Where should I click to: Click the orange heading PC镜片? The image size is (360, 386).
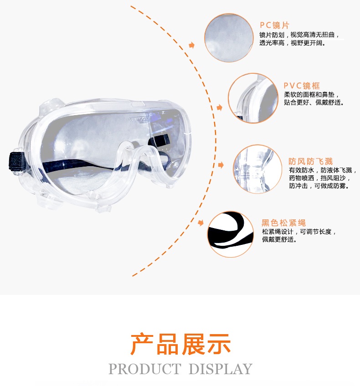[x=274, y=25]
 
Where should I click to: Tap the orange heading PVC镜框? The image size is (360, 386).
[x=302, y=86]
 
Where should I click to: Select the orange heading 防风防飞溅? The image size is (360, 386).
[x=310, y=162]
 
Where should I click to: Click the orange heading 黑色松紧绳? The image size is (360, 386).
[x=283, y=223]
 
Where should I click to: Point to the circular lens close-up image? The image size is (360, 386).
[x=229, y=37]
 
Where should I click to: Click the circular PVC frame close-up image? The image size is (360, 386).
[x=253, y=98]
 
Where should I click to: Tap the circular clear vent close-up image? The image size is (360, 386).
[x=257, y=169]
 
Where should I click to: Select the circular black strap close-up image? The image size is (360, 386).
[x=230, y=234]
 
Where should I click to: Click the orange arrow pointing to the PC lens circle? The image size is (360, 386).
[x=192, y=46]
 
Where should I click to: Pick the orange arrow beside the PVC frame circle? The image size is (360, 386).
[x=219, y=107]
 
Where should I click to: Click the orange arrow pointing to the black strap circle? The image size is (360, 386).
[x=201, y=223]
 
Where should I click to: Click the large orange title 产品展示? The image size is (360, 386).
[x=180, y=344]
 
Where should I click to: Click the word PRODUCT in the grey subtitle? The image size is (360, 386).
[x=144, y=369]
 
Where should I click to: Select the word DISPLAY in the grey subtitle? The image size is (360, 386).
[x=221, y=369]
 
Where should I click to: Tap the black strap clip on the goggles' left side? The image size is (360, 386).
[x=16, y=161]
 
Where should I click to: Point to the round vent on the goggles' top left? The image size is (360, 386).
[x=52, y=104]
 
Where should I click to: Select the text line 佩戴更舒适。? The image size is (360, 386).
[x=279, y=239]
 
